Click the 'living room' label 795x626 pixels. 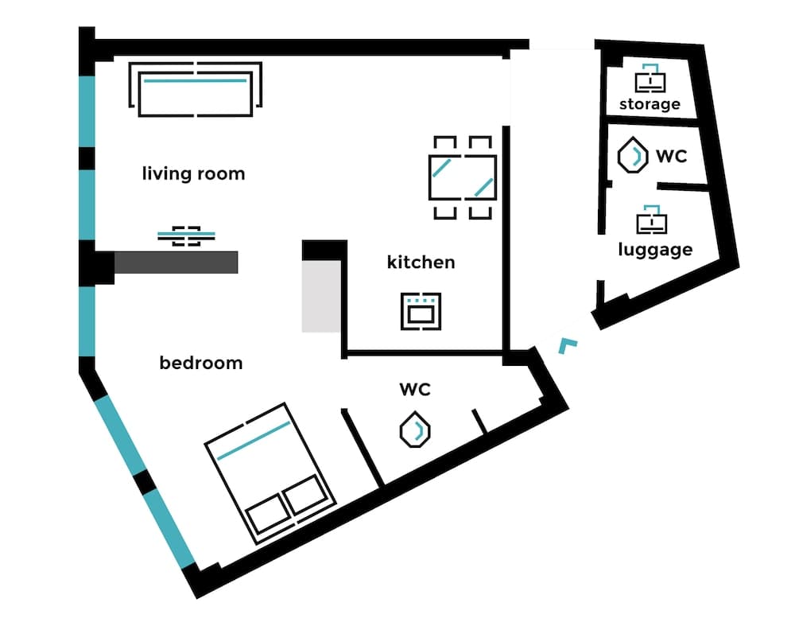[x=193, y=173]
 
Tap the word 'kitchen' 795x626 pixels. [x=421, y=262]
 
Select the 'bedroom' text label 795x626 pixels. [x=200, y=363]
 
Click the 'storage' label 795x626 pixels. [x=650, y=104]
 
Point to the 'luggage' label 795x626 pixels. [x=655, y=250]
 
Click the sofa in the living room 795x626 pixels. [x=196, y=91]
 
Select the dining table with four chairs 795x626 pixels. [x=462, y=177]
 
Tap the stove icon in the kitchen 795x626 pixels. [x=421, y=310]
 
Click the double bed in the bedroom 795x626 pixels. [x=270, y=472]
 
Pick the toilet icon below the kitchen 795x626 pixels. [x=415, y=430]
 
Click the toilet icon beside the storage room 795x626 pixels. [x=631, y=155]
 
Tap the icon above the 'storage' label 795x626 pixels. [x=650, y=78]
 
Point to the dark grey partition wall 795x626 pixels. [x=176, y=262]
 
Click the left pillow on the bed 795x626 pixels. [x=265, y=513]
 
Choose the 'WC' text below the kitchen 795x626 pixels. [x=415, y=389]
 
